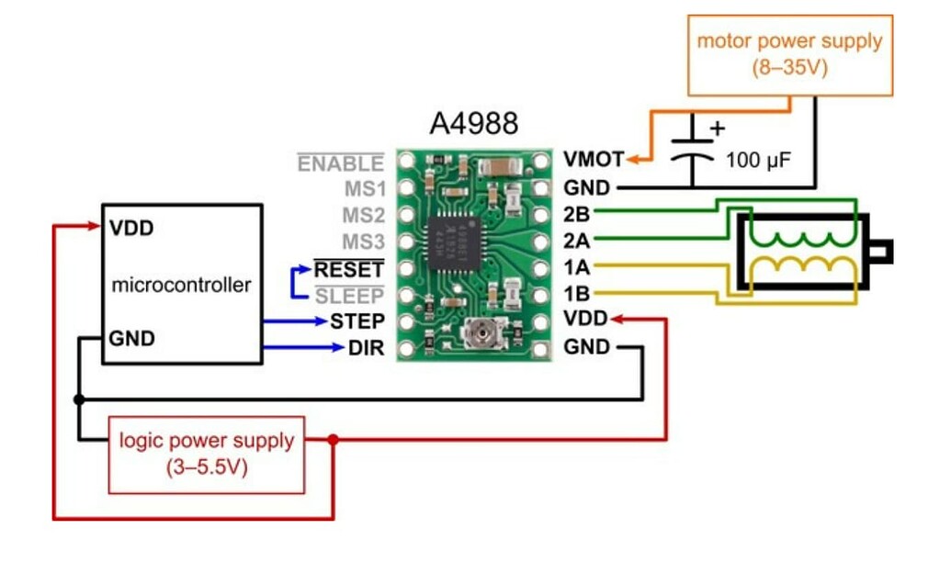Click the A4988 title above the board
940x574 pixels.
pos(473,124)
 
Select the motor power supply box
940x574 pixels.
pos(789,54)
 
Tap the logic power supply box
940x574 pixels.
pos(207,453)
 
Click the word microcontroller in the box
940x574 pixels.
pos(181,285)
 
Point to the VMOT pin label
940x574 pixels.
pos(593,160)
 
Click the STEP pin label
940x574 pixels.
pos(357,321)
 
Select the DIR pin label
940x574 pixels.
pos(366,348)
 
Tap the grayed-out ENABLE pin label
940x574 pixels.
pos(340,163)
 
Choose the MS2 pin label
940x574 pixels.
pos(362,216)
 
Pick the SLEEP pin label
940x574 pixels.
pos(349,295)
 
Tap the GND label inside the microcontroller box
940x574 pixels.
pos(132,338)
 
